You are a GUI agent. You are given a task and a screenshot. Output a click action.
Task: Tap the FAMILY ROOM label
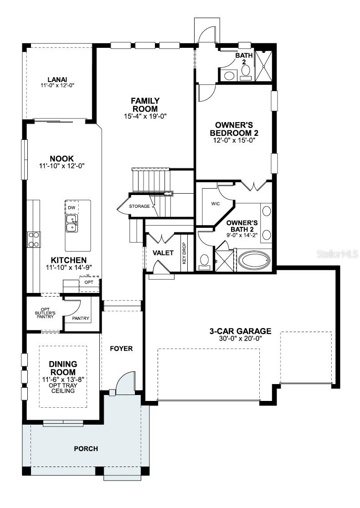145,104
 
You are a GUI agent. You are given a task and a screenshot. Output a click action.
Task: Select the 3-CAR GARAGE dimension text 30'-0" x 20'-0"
237,338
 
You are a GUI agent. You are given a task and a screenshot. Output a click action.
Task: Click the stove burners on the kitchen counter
34,239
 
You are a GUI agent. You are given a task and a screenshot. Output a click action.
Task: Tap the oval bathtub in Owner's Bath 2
254,261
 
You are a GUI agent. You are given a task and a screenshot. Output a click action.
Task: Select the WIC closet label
216,204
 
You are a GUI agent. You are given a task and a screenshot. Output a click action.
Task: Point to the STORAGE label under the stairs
139,206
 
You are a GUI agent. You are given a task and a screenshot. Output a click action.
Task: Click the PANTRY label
81,318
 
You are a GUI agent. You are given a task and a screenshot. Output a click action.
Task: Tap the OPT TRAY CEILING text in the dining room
63,388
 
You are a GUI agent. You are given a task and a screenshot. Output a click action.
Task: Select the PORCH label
86,449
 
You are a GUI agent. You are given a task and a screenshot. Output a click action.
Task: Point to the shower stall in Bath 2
264,66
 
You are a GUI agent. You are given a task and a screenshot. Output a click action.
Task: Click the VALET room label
163,253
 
